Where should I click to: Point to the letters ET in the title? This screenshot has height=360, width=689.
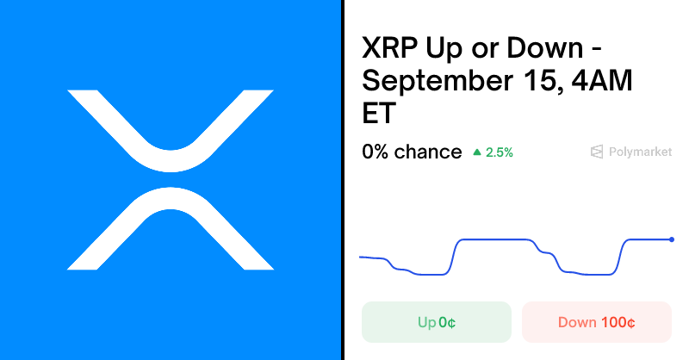click(x=379, y=113)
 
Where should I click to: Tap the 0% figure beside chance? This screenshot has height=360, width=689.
click(x=376, y=152)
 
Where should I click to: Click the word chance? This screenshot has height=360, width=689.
click(x=428, y=152)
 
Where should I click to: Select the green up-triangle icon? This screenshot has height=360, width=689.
click(x=477, y=152)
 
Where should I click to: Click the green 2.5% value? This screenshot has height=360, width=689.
click(x=500, y=152)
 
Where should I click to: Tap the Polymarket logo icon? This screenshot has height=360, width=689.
click(x=596, y=152)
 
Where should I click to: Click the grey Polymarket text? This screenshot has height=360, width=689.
click(x=639, y=152)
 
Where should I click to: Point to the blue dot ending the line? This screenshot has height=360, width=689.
click(x=671, y=239)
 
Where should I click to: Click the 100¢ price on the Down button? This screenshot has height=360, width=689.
click(x=618, y=322)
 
